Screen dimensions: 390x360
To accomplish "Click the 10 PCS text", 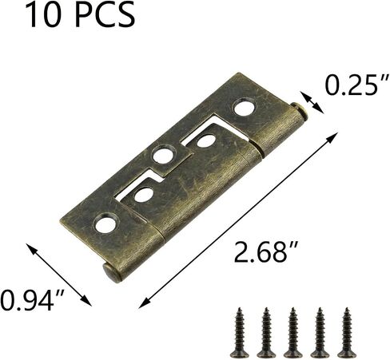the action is (x=80, y=15).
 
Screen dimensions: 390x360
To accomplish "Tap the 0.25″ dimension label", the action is (x=356, y=85).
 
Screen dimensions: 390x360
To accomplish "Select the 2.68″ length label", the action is (x=265, y=251).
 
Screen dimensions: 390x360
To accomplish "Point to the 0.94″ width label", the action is (x=32, y=300).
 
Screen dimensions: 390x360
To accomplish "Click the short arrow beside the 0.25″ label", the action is (x=312, y=102).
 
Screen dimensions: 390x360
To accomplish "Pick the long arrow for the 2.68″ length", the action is (x=238, y=220).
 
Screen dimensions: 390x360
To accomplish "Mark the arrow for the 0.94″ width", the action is (x=59, y=275).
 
